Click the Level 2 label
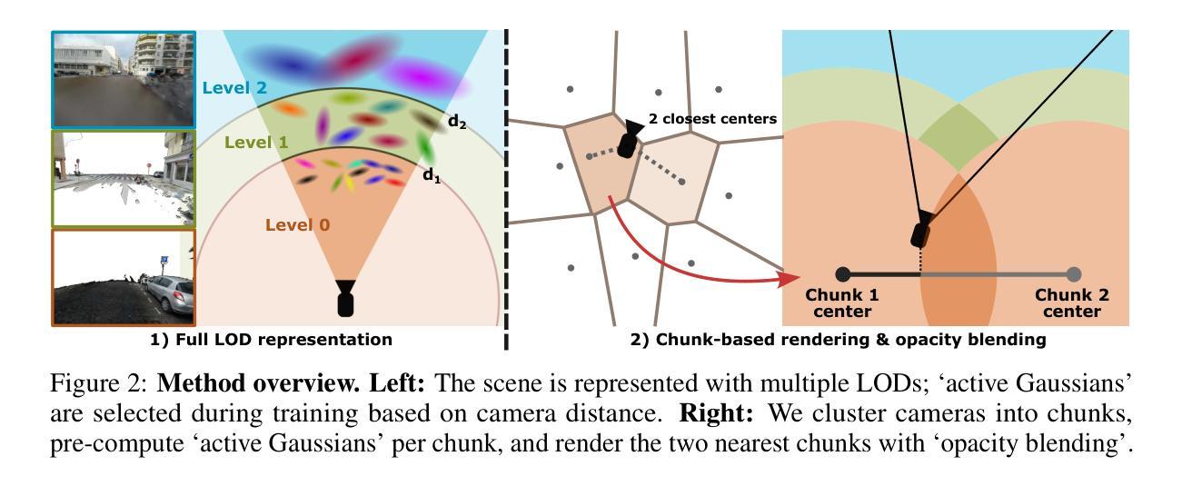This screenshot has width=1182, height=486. click(234, 88)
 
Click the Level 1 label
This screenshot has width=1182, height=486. click(255, 143)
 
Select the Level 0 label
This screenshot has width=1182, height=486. click(297, 224)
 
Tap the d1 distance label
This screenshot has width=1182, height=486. click(431, 175)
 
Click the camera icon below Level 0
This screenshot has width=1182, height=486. click(345, 298)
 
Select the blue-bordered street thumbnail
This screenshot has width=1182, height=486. click(123, 79)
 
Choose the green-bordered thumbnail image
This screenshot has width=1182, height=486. click(123, 177)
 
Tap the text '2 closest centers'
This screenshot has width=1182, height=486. click(711, 119)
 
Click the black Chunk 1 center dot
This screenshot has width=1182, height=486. click(843, 274)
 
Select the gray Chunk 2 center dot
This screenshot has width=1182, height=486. click(1074, 274)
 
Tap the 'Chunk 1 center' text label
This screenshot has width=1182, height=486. click(842, 303)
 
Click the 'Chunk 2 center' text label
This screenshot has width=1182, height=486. click(1072, 303)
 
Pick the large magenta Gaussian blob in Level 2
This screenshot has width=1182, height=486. click(433, 73)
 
